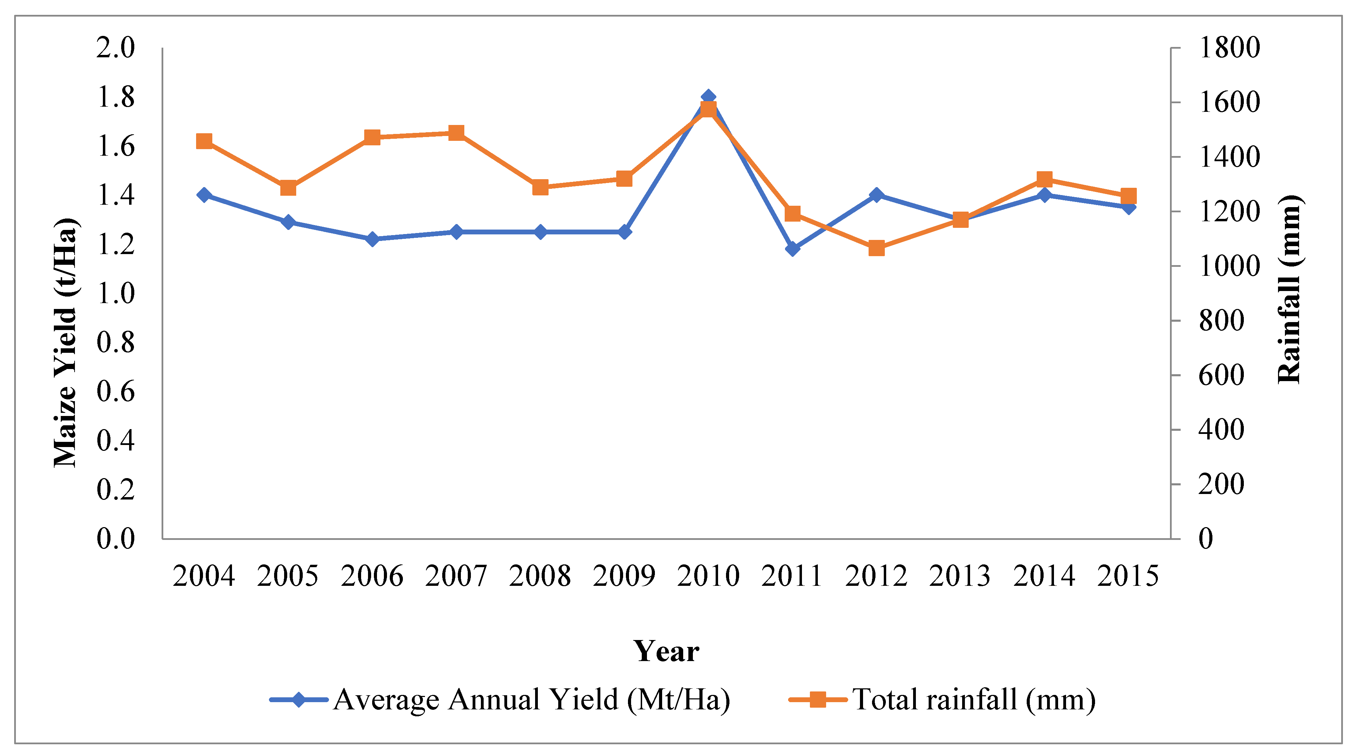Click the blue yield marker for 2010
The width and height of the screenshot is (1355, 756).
click(x=708, y=97)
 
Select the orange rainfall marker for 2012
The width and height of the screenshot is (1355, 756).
click(x=876, y=248)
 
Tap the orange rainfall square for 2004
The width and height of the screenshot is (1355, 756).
click(x=204, y=141)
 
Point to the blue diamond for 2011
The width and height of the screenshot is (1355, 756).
click(x=793, y=248)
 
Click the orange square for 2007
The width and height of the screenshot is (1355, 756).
click(x=456, y=133)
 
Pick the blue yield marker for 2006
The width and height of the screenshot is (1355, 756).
click(x=372, y=239)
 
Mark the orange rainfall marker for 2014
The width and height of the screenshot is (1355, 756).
click(x=1045, y=179)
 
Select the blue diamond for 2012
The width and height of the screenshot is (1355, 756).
click(x=876, y=195)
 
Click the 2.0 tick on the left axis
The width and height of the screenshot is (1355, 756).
click(x=115, y=48)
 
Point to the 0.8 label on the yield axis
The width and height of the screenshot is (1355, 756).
click(x=115, y=342)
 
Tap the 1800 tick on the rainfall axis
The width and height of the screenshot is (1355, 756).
click(x=1229, y=48)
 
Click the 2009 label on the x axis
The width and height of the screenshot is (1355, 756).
click(x=624, y=575)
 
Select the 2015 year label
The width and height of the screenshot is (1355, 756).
click(x=1128, y=575)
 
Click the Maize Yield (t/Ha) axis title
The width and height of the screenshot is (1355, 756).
click(x=66, y=342)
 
